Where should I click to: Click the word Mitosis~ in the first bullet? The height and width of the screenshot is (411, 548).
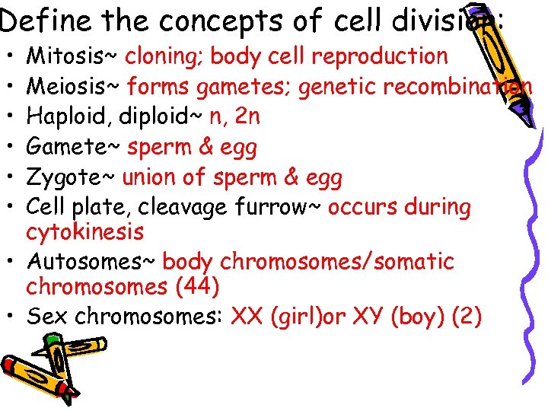click(72, 56)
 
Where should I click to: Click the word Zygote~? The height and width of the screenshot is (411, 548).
click(71, 177)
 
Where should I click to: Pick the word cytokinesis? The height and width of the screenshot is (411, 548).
click(84, 231)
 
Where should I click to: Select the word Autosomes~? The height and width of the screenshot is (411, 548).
click(91, 262)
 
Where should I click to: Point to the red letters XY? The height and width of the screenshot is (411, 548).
click(363, 317)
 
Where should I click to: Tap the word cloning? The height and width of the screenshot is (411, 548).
click(164, 56)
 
